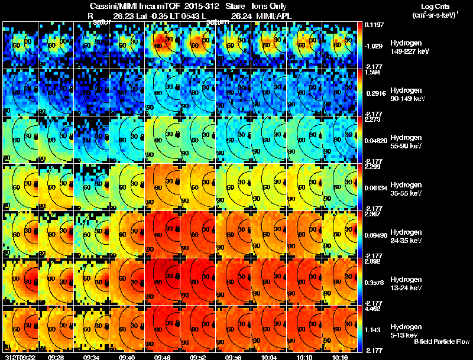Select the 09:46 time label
tap(163, 356)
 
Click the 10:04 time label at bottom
tap(269, 356)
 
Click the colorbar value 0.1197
tap(374, 25)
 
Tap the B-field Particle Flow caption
tap(442, 342)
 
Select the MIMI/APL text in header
tap(270, 16)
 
